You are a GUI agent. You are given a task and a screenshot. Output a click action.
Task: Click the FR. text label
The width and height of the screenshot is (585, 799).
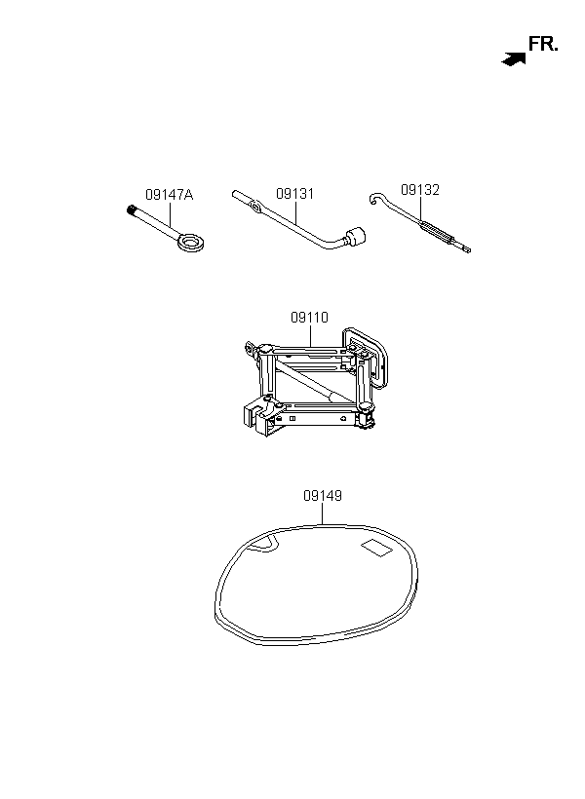543,44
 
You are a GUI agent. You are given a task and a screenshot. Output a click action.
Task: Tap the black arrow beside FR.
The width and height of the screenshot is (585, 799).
514,59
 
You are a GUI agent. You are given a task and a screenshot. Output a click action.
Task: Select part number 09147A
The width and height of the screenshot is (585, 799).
170,195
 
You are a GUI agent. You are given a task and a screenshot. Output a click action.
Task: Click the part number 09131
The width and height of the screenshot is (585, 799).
294,194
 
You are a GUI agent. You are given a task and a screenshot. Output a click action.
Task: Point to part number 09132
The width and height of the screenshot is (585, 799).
420,190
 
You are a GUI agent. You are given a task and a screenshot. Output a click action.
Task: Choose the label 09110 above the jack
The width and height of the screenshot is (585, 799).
310,317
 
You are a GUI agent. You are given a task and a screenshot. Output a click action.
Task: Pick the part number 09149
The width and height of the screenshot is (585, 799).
323,495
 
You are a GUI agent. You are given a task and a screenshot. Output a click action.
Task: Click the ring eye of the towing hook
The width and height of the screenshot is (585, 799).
191,241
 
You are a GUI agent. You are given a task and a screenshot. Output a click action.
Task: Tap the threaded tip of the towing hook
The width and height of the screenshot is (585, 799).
132,209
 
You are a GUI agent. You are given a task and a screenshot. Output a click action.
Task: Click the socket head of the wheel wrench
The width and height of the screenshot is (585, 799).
356,236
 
